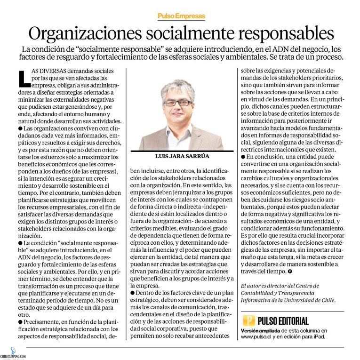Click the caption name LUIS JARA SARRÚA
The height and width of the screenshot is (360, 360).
point(180,156)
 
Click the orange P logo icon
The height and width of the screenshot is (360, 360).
point(249,321)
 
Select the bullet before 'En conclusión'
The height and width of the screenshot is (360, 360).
point(242,157)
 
